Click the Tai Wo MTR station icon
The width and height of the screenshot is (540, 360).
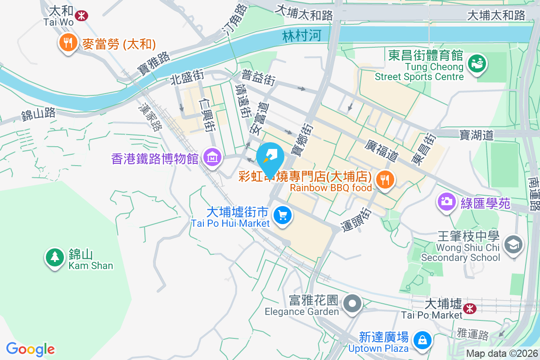click(x=81, y=16)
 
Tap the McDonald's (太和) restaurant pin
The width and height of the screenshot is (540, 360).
click(x=68, y=43)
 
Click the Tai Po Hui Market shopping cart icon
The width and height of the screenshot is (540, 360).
click(x=283, y=216)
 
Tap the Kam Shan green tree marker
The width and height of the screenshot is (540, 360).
click(x=54, y=257)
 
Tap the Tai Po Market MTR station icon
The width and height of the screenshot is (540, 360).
click(x=470, y=309)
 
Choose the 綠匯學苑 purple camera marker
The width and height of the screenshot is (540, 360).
click(x=447, y=201)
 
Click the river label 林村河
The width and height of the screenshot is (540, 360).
click(x=302, y=36)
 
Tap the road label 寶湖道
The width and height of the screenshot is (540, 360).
click(x=477, y=135)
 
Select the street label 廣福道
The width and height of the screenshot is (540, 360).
click(x=382, y=150)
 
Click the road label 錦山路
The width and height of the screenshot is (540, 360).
click(x=39, y=114)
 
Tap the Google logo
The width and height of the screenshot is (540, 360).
click(x=31, y=349)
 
